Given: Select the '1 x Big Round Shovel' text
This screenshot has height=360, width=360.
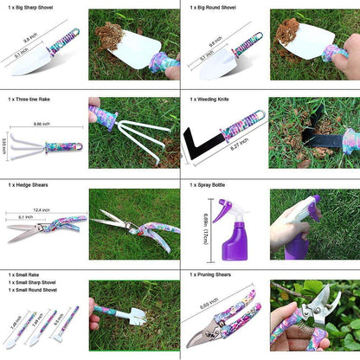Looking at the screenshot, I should [x=215, y=5].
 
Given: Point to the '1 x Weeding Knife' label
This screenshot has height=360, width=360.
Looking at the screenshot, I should [x=213, y=100].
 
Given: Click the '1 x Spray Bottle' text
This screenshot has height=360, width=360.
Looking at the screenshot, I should [x=211, y=185].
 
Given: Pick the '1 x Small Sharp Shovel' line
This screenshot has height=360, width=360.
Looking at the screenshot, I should [x=32, y=283].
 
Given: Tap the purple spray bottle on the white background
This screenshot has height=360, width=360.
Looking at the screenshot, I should [x=227, y=233].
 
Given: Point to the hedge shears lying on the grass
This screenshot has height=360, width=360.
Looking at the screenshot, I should [x=134, y=227].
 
